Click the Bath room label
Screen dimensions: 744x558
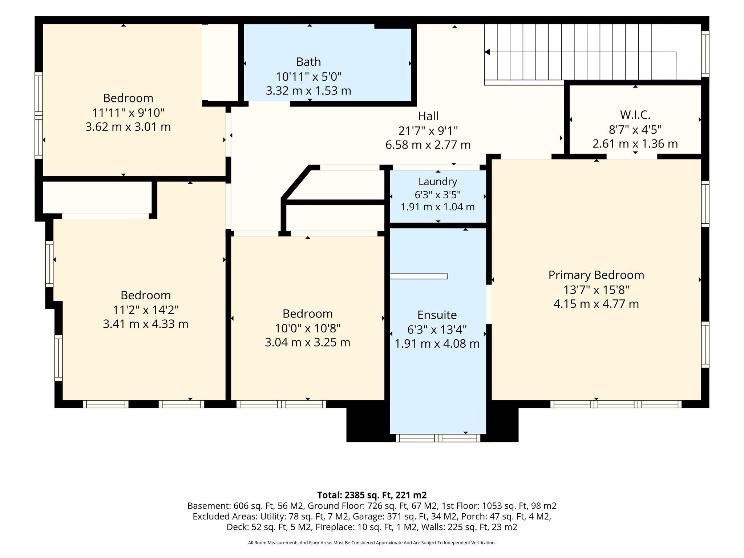308,62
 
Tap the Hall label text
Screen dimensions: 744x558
428,116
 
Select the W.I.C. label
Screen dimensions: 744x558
635,115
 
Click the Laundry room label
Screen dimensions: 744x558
437,182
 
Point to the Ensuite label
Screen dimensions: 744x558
437,315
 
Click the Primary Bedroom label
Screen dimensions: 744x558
596,275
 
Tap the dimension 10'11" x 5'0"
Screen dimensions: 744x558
308,77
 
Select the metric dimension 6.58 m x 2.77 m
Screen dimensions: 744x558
428,145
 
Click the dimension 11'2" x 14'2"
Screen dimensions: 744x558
146,310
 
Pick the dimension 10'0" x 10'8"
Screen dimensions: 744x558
308,328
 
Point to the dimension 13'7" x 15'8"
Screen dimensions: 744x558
596,290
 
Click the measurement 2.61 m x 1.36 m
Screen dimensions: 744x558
635,144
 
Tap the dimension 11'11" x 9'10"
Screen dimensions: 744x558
128,113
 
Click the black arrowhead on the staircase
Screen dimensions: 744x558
487,52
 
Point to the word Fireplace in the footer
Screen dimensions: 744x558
333,527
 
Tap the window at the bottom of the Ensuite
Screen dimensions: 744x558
438,438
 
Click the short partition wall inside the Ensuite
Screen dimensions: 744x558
418,276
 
